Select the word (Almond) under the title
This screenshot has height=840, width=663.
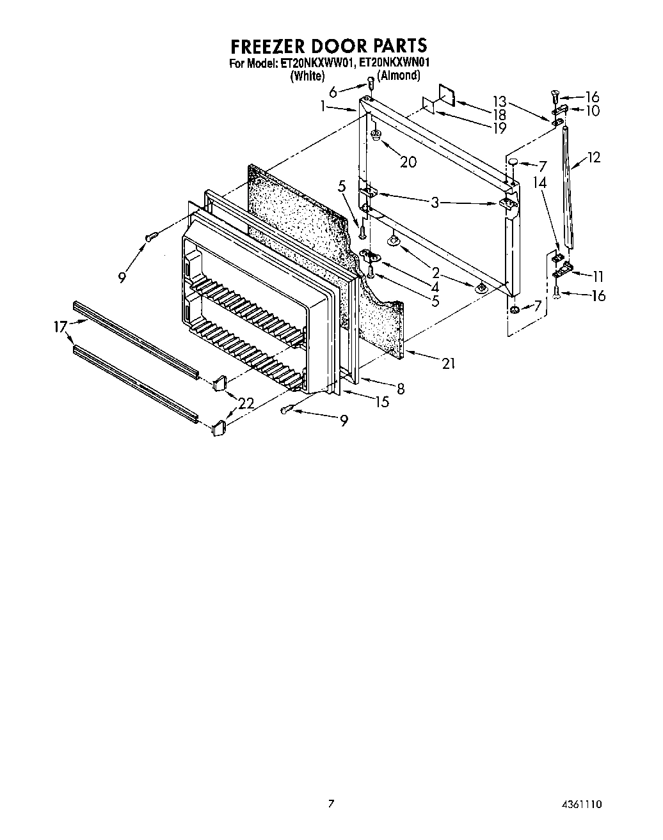click(398, 75)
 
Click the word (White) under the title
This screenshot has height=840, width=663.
click(307, 75)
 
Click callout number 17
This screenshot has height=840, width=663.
click(60, 327)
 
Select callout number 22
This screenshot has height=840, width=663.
click(246, 403)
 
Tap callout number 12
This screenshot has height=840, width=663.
click(593, 157)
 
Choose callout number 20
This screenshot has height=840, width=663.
click(408, 162)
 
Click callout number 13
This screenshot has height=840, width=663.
click(499, 102)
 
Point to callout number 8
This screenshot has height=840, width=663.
click(400, 388)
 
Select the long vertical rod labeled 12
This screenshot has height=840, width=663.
click(568, 189)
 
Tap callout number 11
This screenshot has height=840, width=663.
click(598, 277)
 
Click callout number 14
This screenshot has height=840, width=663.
click(541, 182)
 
